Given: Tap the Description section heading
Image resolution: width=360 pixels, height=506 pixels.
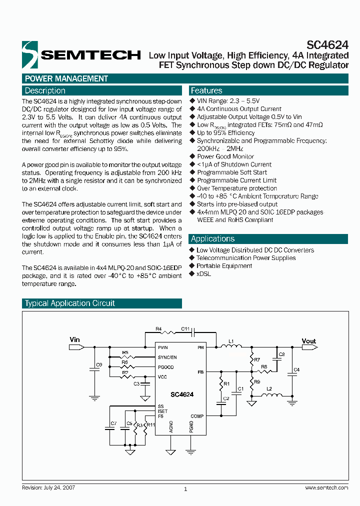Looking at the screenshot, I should tap(45, 90).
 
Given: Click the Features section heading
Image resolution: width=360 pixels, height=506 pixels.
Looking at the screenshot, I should tap(206, 90).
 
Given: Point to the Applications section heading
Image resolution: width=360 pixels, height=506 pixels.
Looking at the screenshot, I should tap(212, 238).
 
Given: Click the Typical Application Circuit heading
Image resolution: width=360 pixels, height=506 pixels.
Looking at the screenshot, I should tap(70, 303).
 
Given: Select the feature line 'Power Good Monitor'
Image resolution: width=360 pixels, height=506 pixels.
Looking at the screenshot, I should tap(225, 156).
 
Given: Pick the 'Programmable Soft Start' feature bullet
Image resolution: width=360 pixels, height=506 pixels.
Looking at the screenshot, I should tap(232, 172).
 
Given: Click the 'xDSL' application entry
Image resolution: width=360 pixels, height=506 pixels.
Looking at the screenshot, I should tap(204, 274).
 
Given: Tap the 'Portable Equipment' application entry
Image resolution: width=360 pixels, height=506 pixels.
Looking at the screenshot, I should tap(224, 266).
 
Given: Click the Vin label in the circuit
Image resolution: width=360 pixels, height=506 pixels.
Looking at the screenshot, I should tap(74, 340).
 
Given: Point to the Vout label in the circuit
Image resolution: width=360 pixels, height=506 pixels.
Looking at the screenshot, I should tap(309, 341).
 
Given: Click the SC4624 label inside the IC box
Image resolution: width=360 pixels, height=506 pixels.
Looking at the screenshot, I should tap(181, 394).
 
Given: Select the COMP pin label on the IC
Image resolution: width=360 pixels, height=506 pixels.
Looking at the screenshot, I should tap(197, 416).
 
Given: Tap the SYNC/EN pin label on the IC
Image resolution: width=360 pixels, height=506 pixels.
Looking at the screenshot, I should tap(167, 357).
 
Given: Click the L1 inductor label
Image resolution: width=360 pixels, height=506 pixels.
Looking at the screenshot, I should tap(231, 341).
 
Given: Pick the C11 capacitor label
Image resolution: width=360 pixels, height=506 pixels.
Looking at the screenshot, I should tap(185, 329).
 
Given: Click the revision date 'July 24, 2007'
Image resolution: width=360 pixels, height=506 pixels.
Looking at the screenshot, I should tap(59, 487).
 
